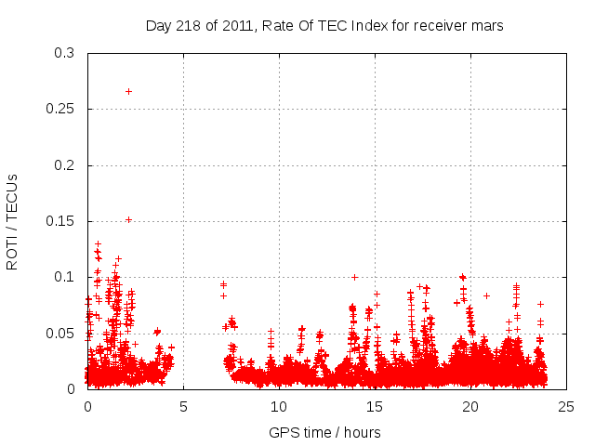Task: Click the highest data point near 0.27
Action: (128, 91)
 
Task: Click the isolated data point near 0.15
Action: (128, 220)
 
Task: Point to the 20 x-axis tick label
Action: (470, 406)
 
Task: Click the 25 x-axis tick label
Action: (566, 406)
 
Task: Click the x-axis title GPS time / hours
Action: (324, 432)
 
